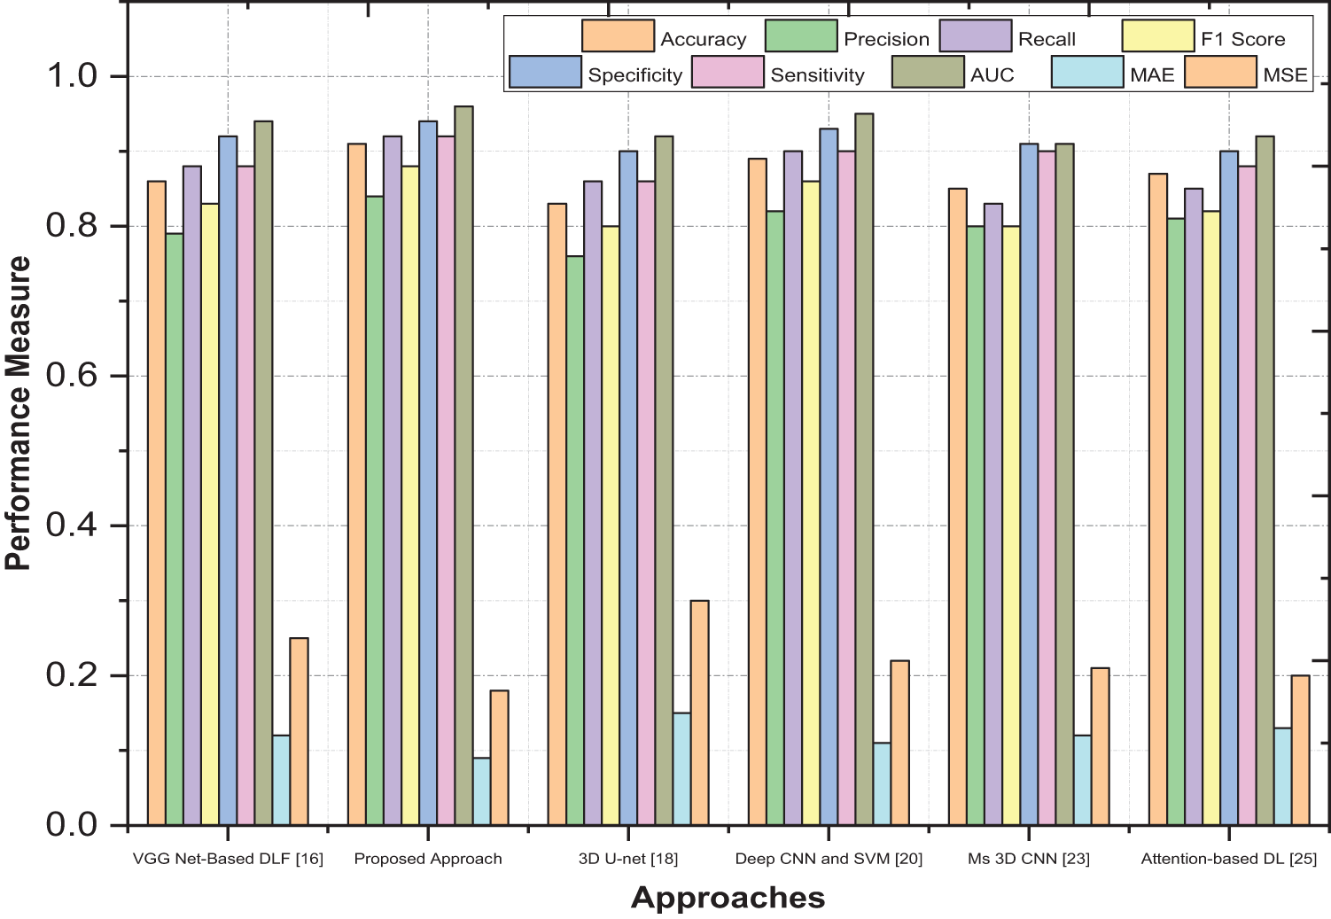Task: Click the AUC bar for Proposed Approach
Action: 463,465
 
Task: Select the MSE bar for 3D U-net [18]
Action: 699,713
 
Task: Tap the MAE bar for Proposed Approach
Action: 481,791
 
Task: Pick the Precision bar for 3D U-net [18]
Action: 575,541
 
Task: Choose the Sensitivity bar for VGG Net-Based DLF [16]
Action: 245,495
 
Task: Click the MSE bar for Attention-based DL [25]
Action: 1300,750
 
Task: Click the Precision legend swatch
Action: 801,36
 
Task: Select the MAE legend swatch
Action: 1087,73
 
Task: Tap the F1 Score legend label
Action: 1242,39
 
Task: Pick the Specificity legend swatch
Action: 545,73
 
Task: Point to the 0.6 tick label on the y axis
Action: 71,376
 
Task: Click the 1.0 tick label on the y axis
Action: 71,76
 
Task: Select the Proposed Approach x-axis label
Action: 428,859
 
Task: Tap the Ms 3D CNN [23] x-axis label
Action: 1029,859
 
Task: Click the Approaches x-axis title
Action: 728,898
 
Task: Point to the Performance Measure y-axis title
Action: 19,413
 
